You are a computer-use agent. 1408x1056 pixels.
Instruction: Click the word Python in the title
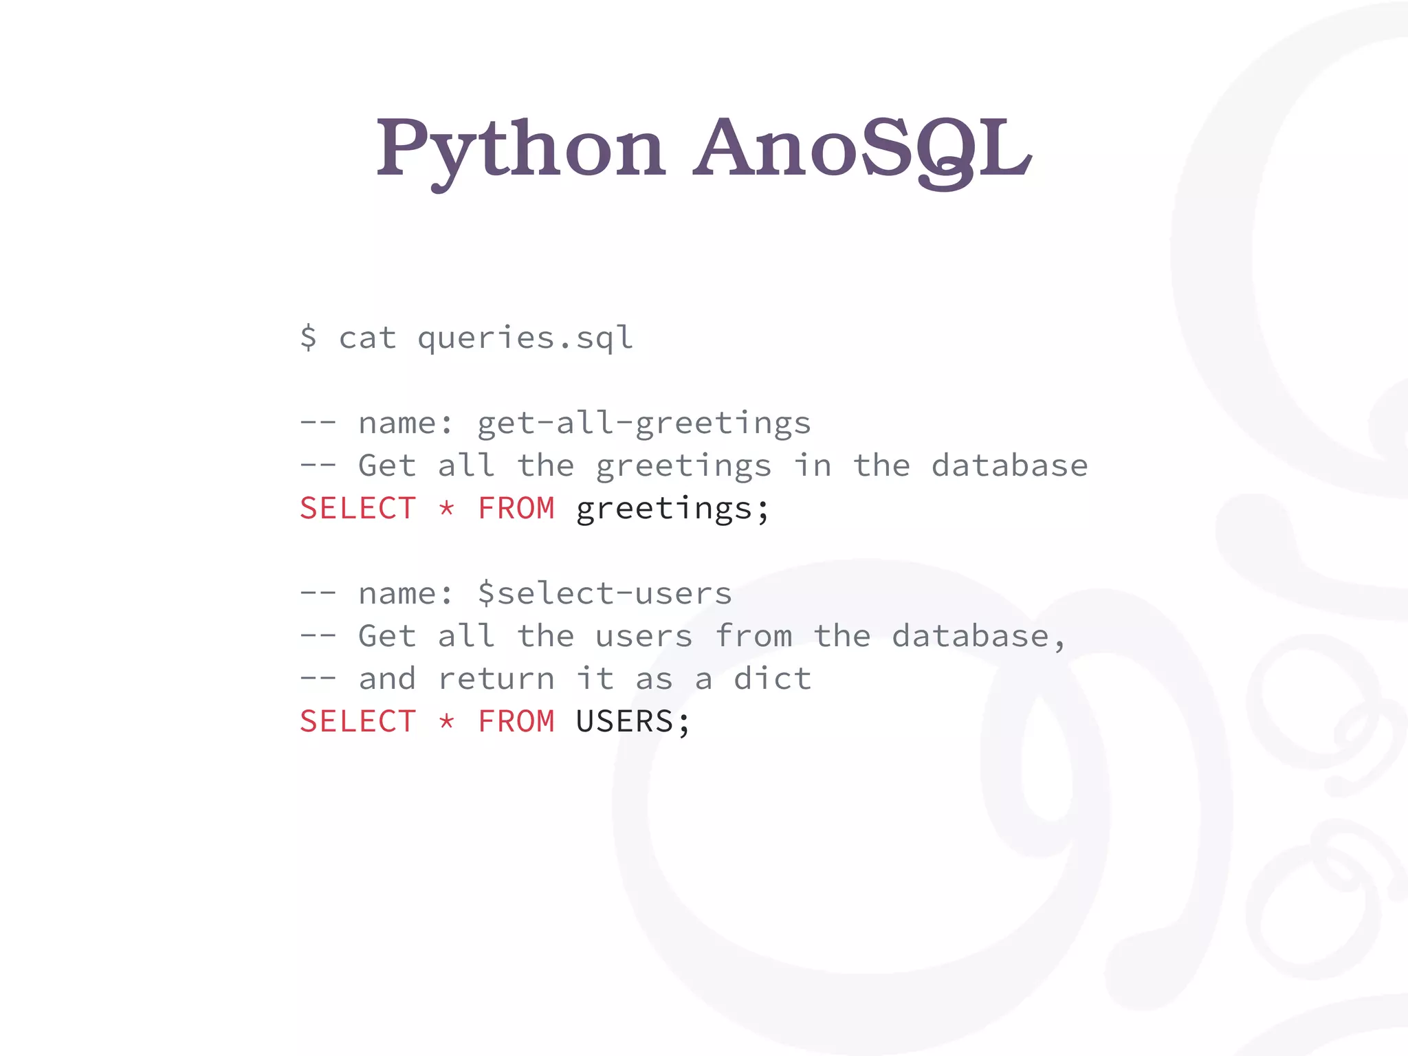click(x=520, y=148)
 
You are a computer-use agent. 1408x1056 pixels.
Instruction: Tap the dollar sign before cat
click(x=308, y=338)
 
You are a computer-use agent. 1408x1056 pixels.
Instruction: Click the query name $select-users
click(x=605, y=593)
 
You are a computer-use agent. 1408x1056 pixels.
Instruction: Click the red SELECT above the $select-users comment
click(x=357, y=509)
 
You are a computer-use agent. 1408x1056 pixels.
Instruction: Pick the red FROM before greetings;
click(x=516, y=509)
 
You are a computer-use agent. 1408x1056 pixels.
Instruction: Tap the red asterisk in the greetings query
click(x=447, y=509)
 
